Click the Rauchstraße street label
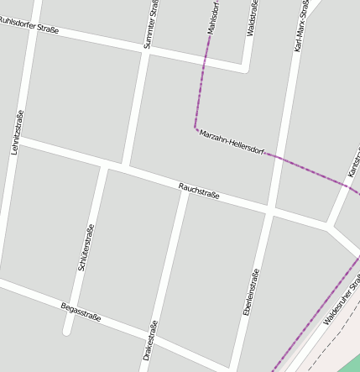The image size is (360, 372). click(199, 191)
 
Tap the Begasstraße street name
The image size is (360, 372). click(81, 312)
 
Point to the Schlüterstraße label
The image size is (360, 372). click(86, 246)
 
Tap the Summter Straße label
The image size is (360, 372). click(151, 24)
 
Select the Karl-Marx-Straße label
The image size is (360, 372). click(301, 27)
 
